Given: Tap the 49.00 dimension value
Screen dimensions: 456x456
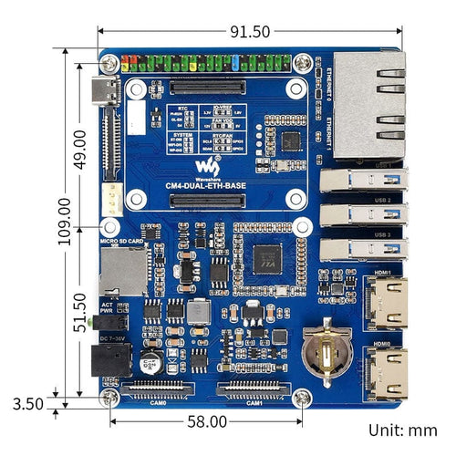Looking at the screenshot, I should [80, 146].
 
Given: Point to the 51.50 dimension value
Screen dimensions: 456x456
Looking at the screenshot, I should [80, 310].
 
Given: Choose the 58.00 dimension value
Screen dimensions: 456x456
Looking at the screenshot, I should [207, 421].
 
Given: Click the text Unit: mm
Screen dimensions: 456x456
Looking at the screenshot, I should [401, 430].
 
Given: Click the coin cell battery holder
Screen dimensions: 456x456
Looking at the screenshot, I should [323, 351].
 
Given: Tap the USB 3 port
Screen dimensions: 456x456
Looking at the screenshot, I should [360, 248].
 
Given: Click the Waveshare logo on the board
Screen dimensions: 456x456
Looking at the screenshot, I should [207, 167].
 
